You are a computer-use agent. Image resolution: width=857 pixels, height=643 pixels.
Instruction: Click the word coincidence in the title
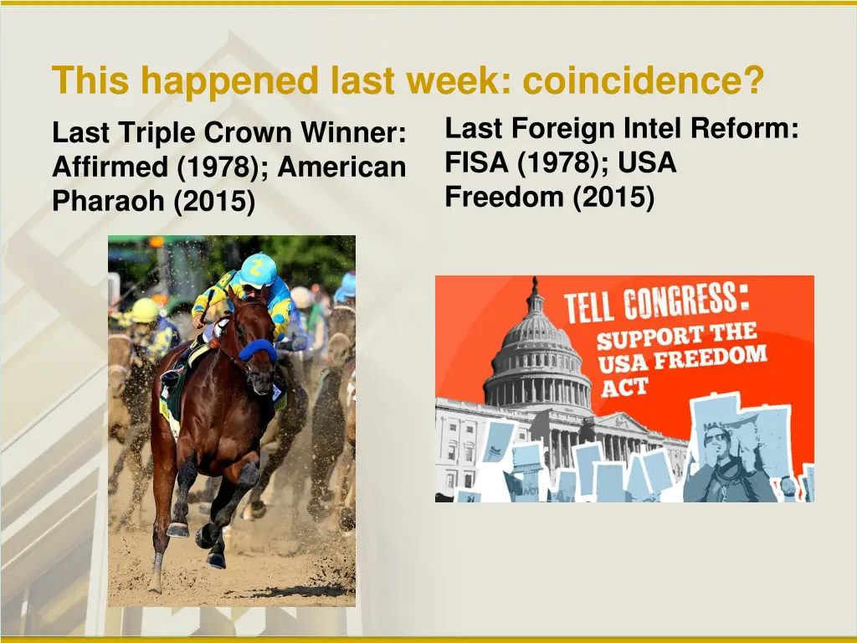643,82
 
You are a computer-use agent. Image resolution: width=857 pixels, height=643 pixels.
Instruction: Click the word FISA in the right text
477,162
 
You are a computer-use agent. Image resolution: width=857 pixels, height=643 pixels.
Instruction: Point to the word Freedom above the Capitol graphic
500,197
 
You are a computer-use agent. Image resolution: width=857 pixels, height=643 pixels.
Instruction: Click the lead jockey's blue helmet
258,270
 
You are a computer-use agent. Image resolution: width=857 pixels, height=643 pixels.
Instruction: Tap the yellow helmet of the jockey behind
145,310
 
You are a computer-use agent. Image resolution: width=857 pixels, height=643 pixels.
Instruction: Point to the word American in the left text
341,167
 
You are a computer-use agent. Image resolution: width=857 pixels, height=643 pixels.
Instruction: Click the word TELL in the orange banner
591,309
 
